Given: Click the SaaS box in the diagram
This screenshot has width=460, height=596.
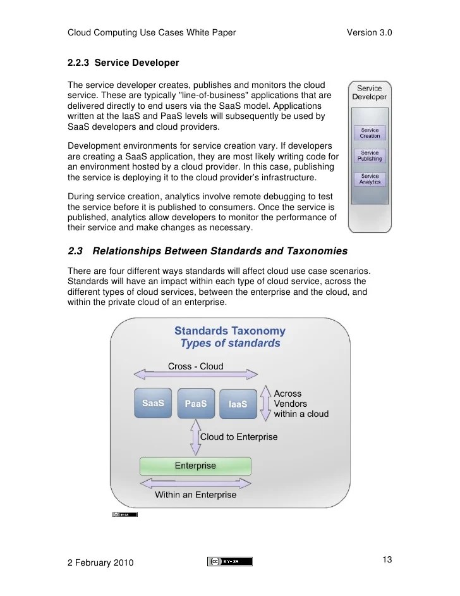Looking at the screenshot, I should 153,403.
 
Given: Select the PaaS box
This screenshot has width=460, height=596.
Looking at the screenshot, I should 196,404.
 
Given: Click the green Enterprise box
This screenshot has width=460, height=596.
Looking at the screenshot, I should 195,466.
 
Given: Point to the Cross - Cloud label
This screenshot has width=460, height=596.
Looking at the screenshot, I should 195,366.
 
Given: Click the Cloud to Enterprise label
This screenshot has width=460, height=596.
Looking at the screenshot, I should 238,437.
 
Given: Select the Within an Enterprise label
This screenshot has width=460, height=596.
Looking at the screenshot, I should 195,494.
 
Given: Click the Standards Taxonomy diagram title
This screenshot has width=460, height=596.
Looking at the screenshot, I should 229,330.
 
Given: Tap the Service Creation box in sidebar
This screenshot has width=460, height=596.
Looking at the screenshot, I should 370,133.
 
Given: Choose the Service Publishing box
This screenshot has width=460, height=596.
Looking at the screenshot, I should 370,156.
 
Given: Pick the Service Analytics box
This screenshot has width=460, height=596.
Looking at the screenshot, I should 370,179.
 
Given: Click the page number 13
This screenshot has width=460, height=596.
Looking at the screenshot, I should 388,559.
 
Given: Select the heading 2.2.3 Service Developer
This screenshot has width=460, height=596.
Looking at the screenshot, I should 123,63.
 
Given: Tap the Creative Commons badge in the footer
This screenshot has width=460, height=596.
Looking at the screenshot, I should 229,561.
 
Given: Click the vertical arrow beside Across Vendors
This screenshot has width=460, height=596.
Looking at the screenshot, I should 265,402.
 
